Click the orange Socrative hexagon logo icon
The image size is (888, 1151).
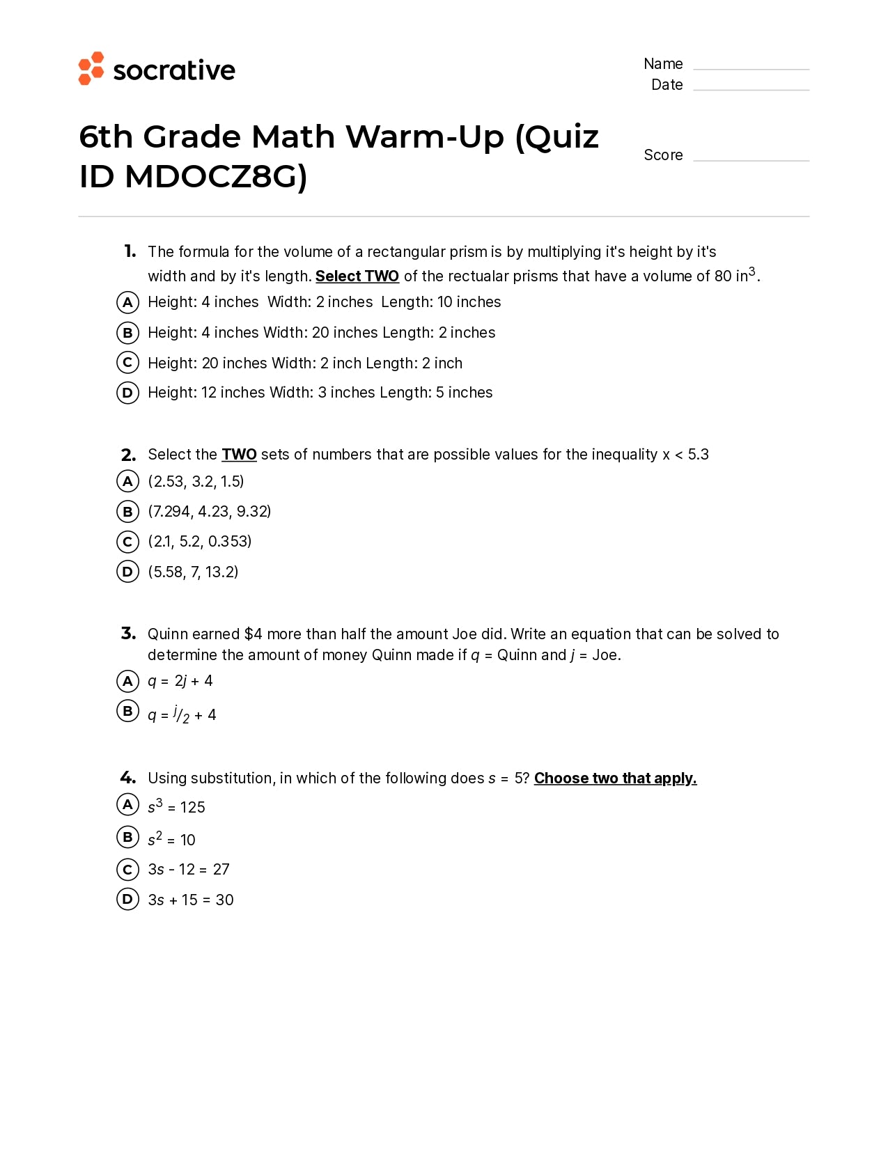coord(91,69)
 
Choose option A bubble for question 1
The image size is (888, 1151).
coord(127,302)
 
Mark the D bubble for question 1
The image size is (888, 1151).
coord(127,393)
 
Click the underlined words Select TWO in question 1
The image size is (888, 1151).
coord(357,276)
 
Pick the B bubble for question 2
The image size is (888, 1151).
coord(127,512)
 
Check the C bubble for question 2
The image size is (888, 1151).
coord(127,542)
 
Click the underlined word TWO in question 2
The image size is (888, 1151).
coord(239,455)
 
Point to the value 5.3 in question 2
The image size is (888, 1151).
coord(698,455)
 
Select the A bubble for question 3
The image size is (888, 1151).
coord(127,681)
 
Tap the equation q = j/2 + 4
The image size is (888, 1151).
coord(182,714)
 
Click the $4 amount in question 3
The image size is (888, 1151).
coord(253,634)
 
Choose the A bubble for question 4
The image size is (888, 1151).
coord(127,805)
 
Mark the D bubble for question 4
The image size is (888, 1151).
coord(127,900)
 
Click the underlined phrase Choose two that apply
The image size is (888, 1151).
coord(615,778)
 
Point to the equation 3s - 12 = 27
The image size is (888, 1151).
coord(189,870)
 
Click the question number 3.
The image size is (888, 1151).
coord(128,634)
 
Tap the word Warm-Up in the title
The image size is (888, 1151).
coord(425,137)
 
